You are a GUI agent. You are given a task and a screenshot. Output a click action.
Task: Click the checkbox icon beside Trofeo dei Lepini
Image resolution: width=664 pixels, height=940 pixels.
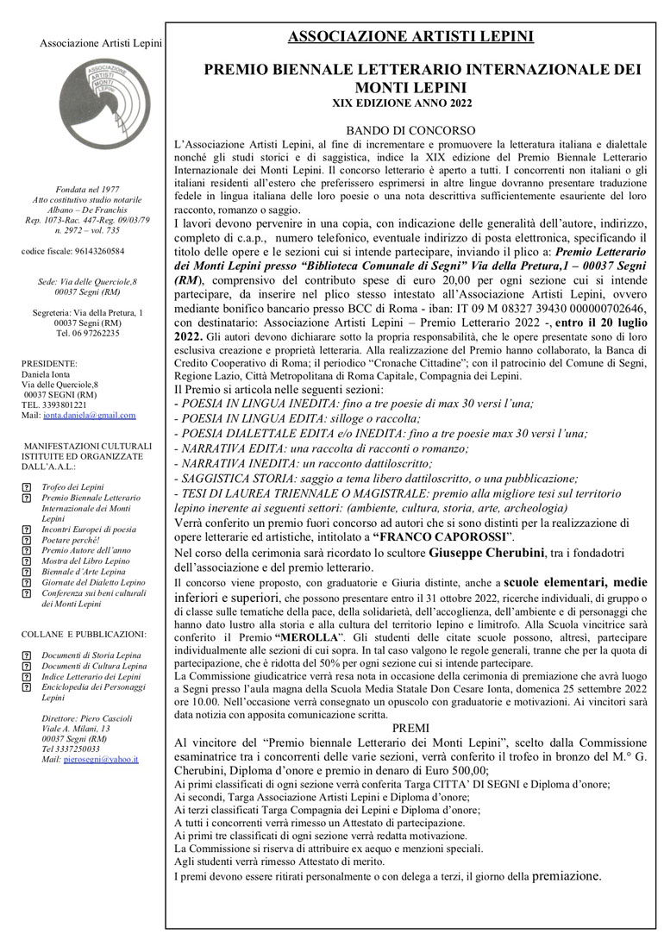26,488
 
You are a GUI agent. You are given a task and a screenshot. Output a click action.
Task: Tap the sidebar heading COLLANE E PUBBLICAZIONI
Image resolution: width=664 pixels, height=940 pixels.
83,634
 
